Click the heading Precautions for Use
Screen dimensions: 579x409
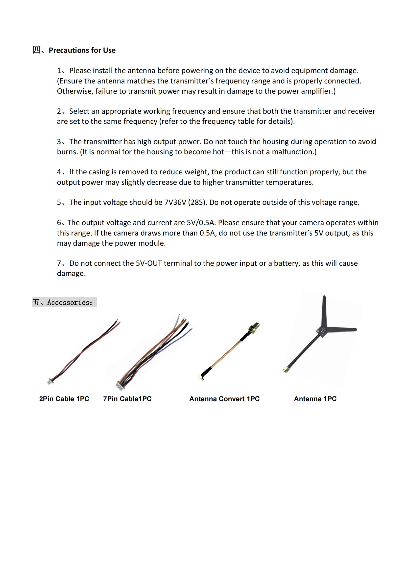coord(82,50)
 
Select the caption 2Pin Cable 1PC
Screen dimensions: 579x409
coord(64,399)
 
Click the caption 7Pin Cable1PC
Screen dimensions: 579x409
coord(127,399)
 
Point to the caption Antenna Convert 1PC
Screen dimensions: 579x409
coord(224,399)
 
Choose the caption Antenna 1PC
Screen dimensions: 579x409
coord(315,399)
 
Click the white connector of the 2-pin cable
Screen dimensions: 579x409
coord(50,382)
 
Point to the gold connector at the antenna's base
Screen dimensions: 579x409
coord(286,370)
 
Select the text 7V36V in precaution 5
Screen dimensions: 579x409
coord(175,202)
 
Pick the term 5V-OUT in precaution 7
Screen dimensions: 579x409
coord(149,263)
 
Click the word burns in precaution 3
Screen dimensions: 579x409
coord(67,152)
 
